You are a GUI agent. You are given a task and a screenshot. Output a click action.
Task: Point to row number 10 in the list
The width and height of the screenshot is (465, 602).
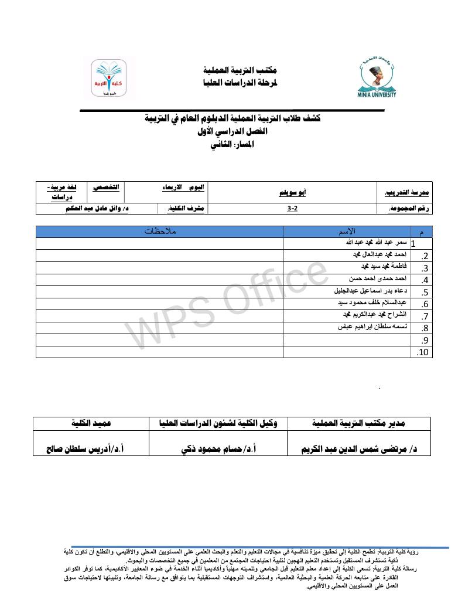pos(423,352)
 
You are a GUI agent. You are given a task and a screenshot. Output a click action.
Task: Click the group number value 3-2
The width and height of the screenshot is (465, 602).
pos(292,208)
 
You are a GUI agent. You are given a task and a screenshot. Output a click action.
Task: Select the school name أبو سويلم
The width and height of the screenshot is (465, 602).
pos(290,191)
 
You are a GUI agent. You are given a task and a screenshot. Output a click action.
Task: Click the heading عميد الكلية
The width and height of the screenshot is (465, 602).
pos(91,423)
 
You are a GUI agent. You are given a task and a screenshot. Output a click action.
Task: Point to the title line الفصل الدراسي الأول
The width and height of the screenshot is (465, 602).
pos(233,132)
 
